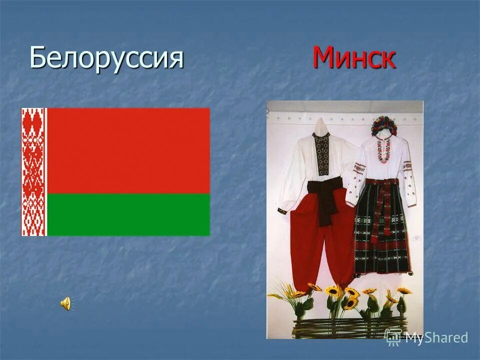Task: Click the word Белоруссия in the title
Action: pyautogui.click(x=106, y=58)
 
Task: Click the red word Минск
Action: pyautogui.click(x=354, y=58)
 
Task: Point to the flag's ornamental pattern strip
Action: pyautogui.click(x=33, y=171)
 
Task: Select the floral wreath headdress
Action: pyautogui.click(x=384, y=124)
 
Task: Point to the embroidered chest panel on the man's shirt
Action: pyautogui.click(x=322, y=155)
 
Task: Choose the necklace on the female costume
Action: pyautogui.click(x=383, y=150)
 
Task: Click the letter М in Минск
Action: pyautogui.click(x=323, y=58)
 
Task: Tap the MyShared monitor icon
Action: pyautogui.click(x=393, y=336)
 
